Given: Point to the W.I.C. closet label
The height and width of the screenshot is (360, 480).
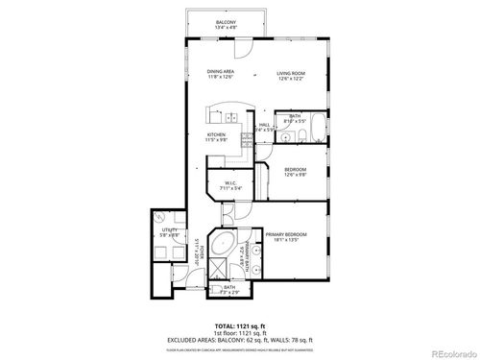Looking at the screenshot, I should (x=230, y=184).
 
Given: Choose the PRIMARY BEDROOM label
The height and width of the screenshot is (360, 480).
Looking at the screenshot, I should (x=286, y=235).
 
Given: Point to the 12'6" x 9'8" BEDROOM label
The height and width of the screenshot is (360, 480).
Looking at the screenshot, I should (x=295, y=173).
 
